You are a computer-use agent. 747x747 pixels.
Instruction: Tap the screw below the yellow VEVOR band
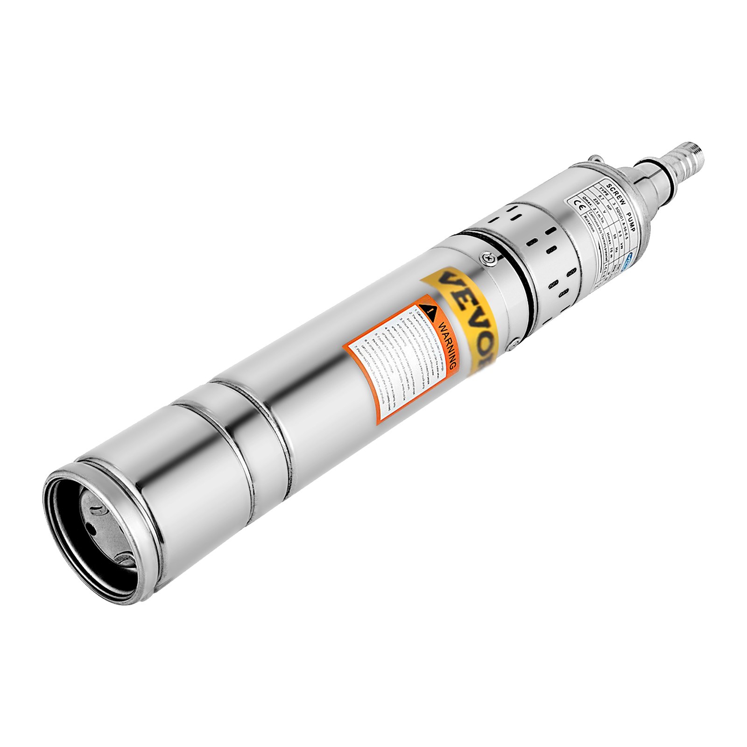click(514, 344)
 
